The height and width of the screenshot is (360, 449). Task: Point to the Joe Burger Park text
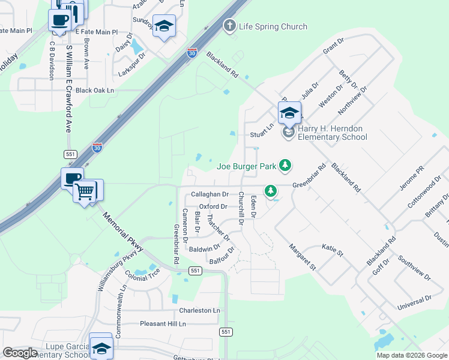pos(247,166)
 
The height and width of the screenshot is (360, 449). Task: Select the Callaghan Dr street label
pos(209,194)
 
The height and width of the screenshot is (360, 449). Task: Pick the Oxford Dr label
pos(213,206)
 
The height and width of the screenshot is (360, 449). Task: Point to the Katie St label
pos(332,250)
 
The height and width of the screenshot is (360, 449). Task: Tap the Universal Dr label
pos(414,303)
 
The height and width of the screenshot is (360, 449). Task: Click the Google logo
pos(19,353)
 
